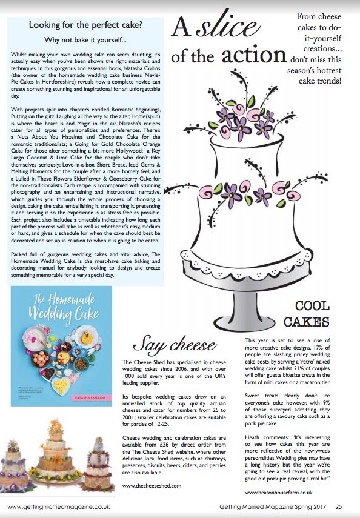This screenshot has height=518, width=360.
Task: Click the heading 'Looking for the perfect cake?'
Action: tap(86, 26)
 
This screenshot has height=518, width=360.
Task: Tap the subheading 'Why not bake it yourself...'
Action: tap(86, 41)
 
